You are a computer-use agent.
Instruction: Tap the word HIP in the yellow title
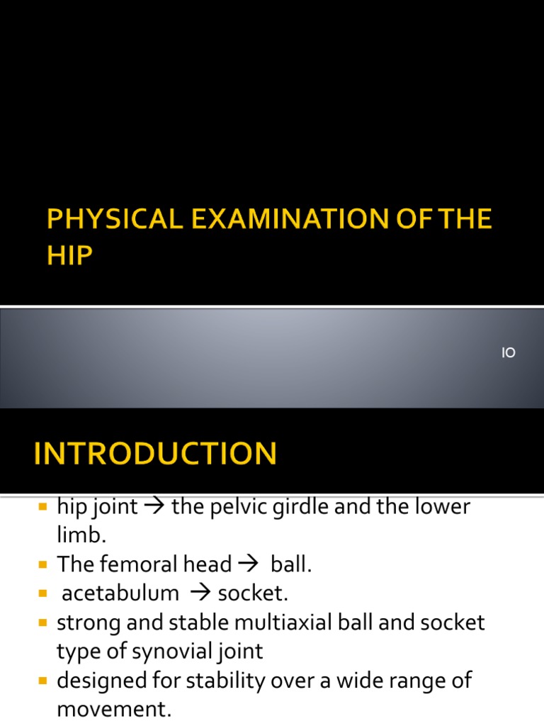[x=69, y=256]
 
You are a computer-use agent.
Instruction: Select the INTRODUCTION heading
[x=155, y=454]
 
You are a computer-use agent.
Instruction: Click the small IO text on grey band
[x=509, y=353]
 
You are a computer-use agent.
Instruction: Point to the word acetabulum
[x=120, y=593]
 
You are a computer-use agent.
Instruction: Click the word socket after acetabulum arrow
[x=253, y=593]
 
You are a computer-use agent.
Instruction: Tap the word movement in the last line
[x=114, y=709]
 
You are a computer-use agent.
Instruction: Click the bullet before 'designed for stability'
[x=42, y=681]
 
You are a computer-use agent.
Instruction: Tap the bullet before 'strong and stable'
[x=42, y=623]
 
